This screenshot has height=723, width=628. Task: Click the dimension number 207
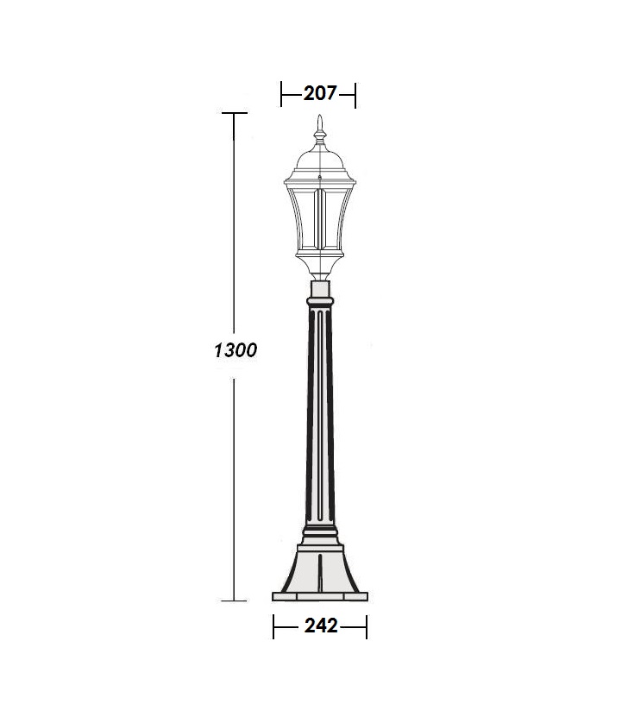point(320,93)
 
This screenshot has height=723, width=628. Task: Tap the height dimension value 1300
point(235,350)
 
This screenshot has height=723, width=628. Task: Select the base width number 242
point(321,626)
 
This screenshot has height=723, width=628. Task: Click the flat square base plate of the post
point(320,597)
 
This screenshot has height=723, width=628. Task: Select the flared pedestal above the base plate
point(320,569)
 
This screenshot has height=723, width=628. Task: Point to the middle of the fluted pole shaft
point(320,415)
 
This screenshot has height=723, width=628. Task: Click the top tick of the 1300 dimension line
point(235,113)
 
